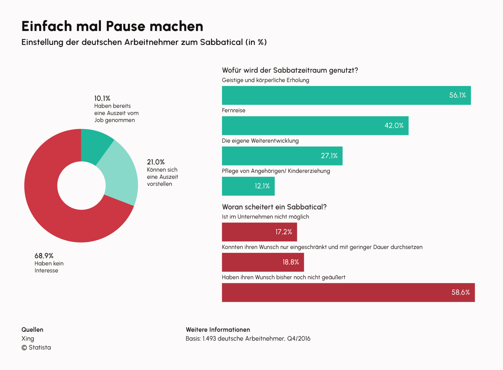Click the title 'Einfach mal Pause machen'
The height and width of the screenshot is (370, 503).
point(112,26)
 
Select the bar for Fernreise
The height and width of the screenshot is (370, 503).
point(315,126)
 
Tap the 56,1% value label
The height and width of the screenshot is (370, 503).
point(457,95)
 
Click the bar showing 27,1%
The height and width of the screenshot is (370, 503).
point(282,156)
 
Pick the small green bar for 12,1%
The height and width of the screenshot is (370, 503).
point(248,186)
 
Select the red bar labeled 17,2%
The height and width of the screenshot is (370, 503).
point(259,232)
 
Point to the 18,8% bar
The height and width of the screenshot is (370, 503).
point(263,262)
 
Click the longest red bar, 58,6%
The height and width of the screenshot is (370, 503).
point(348,292)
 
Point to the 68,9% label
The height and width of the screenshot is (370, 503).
point(44,256)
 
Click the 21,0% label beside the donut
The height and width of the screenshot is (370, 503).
point(156,162)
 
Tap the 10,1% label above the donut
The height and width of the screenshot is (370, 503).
point(102,98)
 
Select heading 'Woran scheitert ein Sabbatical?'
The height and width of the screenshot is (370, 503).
point(274,207)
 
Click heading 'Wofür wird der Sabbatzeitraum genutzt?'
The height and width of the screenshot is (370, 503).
point(290,70)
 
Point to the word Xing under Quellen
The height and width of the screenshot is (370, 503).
point(28,339)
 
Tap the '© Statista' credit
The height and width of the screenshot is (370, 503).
point(36,348)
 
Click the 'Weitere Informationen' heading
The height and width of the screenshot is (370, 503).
point(218,330)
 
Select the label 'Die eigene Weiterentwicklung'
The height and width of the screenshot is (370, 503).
point(260,141)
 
